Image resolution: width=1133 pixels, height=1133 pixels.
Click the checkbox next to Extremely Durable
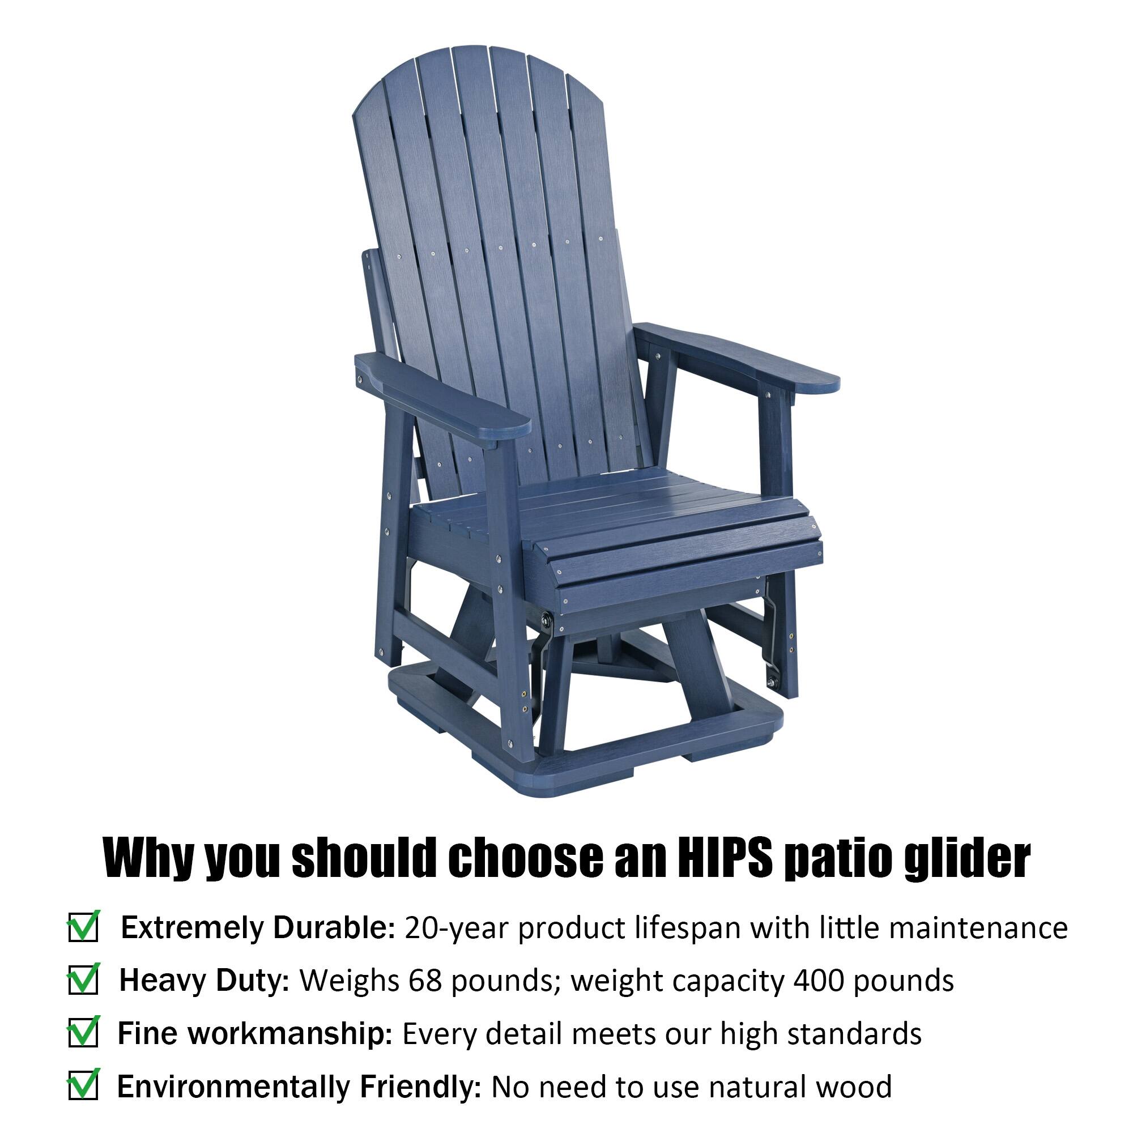click(x=83, y=928)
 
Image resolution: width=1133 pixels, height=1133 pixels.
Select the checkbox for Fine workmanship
click(x=83, y=1034)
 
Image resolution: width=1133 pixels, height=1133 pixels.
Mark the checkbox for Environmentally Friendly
click(x=83, y=1087)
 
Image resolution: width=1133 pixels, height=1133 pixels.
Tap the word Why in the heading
click(x=150, y=859)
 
